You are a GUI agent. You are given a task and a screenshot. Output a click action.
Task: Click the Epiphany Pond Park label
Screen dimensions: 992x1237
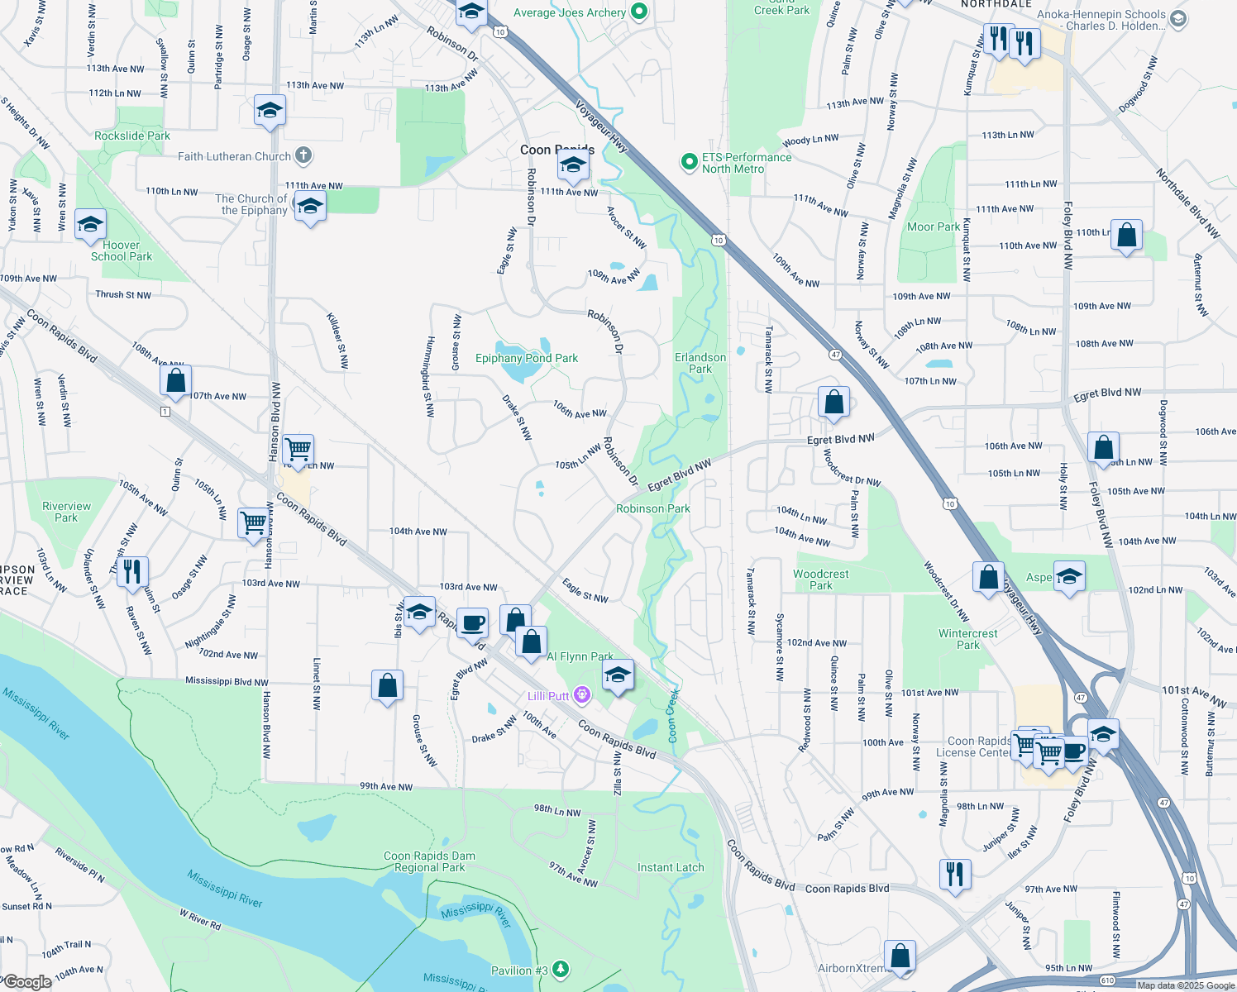(527, 358)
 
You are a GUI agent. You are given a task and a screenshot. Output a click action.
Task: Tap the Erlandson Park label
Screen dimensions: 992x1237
(700, 363)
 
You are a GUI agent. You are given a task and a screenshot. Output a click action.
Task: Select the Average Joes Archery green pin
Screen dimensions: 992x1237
(639, 12)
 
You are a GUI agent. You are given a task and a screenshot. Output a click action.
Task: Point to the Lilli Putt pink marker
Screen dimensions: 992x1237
(582, 695)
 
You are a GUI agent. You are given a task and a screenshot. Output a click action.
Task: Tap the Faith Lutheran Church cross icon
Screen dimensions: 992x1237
(303, 155)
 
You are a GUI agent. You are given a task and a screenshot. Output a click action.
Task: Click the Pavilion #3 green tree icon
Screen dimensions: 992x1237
(561, 969)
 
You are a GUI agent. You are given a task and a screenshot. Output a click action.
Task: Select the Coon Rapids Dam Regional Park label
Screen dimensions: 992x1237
(429, 861)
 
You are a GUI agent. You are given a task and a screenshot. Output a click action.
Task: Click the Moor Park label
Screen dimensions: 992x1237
(934, 227)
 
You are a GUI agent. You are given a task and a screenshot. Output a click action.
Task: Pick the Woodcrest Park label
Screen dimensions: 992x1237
(821, 579)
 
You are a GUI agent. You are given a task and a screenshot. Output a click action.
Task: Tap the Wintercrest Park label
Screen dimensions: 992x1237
(968, 639)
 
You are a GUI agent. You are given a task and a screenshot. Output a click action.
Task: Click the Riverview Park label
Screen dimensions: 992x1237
(66, 512)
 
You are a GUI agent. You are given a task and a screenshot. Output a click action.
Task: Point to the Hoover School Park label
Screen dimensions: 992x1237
(122, 250)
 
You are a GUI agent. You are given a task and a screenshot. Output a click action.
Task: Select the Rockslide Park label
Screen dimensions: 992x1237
(132, 136)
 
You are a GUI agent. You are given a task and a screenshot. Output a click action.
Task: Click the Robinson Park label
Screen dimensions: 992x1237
(653, 508)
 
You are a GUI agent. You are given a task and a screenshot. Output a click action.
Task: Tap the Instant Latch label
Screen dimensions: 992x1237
(671, 867)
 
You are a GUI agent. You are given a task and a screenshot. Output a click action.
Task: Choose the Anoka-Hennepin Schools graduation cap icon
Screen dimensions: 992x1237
(1179, 18)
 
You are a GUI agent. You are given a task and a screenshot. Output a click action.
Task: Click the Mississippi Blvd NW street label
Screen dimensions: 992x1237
(227, 681)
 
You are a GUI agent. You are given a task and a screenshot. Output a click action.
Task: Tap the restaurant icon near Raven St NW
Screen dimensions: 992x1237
(132, 570)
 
